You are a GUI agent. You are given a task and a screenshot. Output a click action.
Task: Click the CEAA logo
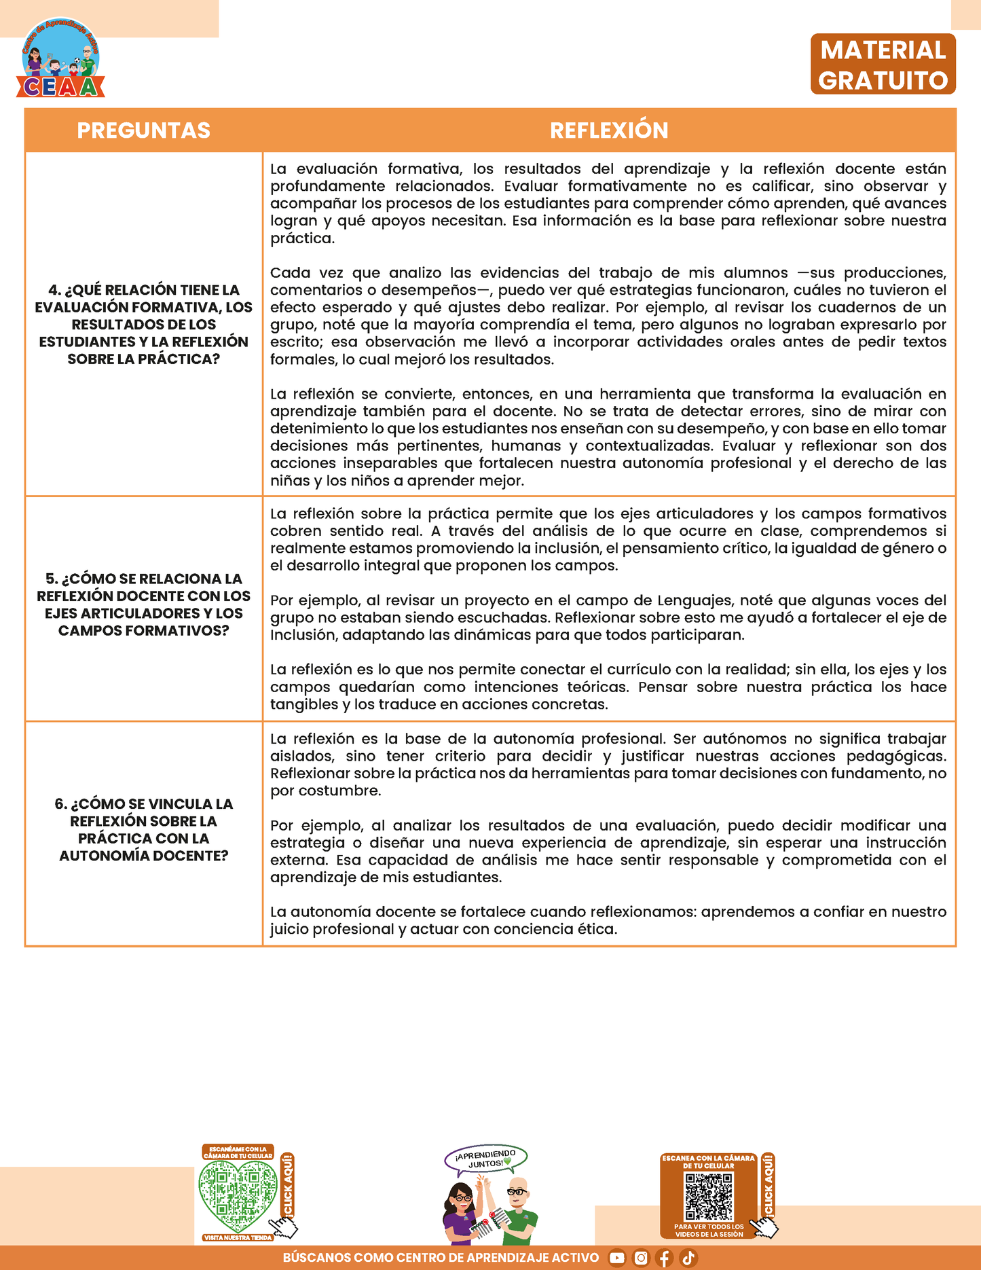click(x=61, y=60)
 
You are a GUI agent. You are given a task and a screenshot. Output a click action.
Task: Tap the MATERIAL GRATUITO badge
click(x=883, y=65)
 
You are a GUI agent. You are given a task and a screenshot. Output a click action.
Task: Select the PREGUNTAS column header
click(x=143, y=130)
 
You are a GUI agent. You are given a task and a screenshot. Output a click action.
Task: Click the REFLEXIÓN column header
click(x=609, y=130)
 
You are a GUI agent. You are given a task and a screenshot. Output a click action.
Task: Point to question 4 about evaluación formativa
click(x=143, y=324)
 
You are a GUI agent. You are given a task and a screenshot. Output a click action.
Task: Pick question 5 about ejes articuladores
click(x=143, y=604)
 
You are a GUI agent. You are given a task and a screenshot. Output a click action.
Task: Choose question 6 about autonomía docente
click(x=143, y=829)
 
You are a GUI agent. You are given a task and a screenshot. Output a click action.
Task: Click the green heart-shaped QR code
click(x=238, y=1195)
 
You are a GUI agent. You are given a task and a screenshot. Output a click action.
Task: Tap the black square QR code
click(x=709, y=1197)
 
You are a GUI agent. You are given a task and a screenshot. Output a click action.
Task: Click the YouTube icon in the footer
click(x=616, y=1258)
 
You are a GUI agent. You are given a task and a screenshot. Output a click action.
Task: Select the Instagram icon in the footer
click(x=641, y=1258)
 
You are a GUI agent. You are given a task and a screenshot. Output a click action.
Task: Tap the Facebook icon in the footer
click(x=665, y=1258)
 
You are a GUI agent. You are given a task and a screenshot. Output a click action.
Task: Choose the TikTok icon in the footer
click(x=688, y=1258)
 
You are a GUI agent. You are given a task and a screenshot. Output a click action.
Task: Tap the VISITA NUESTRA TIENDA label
click(x=238, y=1237)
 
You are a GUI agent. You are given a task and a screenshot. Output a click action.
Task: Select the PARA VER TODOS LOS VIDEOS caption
click(x=709, y=1231)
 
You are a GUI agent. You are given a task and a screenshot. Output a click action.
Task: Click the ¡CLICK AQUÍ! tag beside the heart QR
click(x=287, y=1185)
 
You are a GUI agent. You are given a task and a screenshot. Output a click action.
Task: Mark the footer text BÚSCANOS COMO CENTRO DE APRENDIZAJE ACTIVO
click(x=441, y=1258)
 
